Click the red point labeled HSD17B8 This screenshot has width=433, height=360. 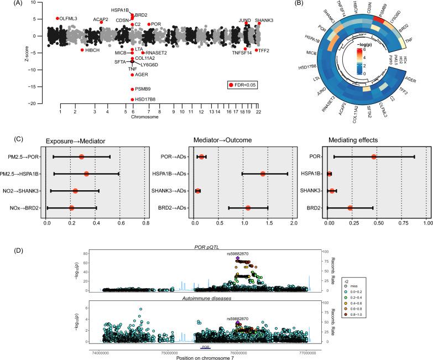coord(132,100)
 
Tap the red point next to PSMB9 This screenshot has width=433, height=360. coord(132,89)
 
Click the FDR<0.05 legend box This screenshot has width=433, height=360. coord(242,85)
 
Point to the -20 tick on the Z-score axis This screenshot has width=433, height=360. coord(37,104)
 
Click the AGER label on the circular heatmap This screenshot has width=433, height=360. coord(409,79)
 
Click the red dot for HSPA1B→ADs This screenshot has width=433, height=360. coord(263,174)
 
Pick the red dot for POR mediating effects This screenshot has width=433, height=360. coord(374,157)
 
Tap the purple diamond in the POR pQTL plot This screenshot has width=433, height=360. coord(237,258)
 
